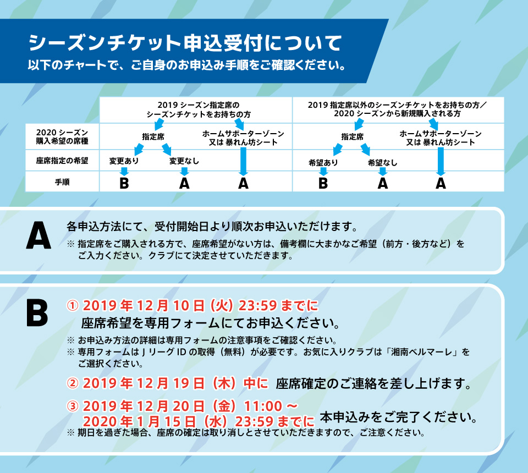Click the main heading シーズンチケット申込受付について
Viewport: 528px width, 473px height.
[185, 43]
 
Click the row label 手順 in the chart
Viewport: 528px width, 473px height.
[62, 182]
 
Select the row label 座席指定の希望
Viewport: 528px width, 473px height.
[62, 161]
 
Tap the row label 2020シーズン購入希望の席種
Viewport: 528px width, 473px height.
[62, 137]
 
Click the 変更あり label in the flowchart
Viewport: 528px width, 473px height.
[124, 161]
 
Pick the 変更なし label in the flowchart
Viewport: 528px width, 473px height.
[184, 161]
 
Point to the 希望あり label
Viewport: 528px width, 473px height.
[323, 163]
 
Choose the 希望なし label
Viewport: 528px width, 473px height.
[383, 163]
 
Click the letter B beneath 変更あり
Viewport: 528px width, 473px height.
[124, 184]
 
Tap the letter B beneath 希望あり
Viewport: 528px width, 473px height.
[323, 184]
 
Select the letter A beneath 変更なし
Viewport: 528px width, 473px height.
[184, 184]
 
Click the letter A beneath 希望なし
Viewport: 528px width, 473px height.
[383, 184]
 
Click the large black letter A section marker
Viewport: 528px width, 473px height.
[38, 235]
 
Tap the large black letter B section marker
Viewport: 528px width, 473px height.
[37, 313]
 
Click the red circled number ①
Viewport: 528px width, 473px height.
[73, 306]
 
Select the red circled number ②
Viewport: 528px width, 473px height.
[73, 383]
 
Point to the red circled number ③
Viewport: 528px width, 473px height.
[73, 406]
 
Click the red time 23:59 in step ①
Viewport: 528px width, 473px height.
[257, 306]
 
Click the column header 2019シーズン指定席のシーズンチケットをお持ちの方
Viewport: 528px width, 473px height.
[199, 110]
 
